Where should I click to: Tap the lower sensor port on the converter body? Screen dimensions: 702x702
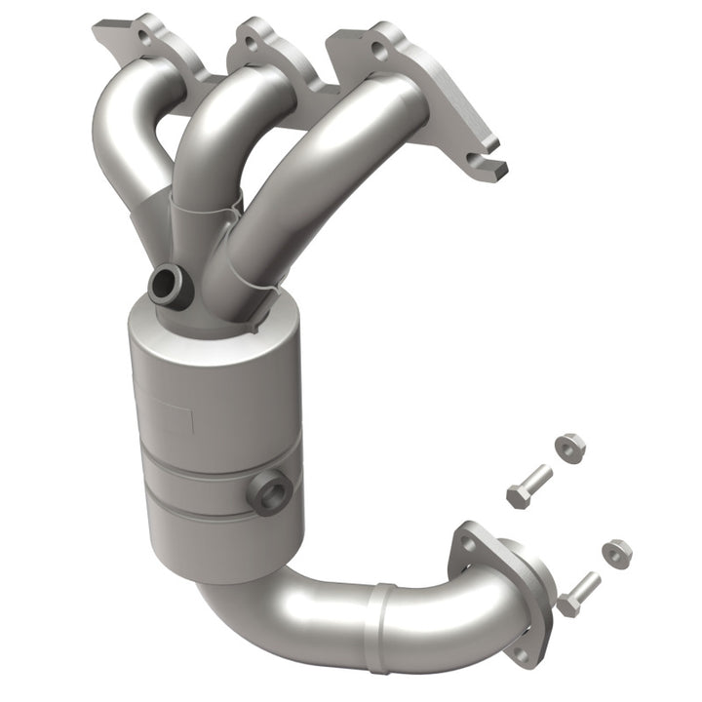(270, 490)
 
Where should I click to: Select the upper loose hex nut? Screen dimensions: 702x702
(569, 447)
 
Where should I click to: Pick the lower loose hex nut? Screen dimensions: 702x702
(616, 553)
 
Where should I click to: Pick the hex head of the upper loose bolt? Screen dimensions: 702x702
(516, 494)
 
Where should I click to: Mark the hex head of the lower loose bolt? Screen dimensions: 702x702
(566, 604)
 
